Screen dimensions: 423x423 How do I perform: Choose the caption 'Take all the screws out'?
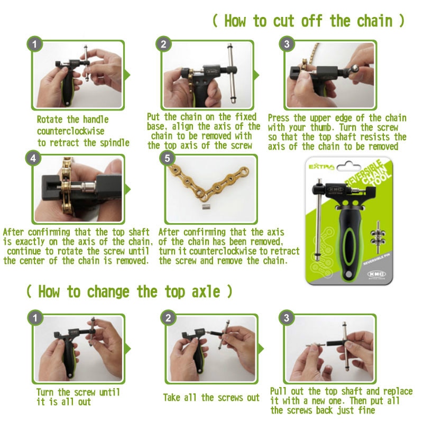click(x=211, y=397)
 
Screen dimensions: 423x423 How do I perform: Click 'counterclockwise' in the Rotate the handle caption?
click(x=71, y=131)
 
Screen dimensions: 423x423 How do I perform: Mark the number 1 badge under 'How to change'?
click(x=35, y=318)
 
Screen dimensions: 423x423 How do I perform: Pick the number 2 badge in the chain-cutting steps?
click(x=163, y=44)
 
